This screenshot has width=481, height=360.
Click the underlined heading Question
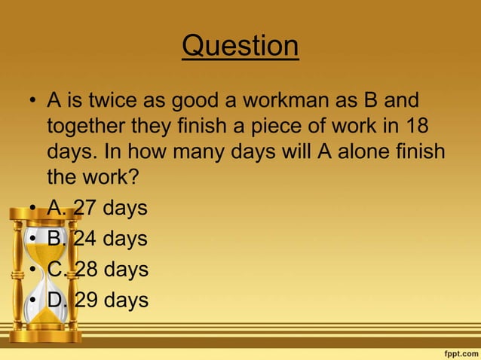pyautogui.click(x=240, y=46)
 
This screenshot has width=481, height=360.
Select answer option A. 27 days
pyautogui.click(x=97, y=208)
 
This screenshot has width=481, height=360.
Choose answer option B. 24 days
pyautogui.click(x=97, y=239)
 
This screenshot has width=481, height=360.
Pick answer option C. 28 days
pyautogui.click(x=97, y=270)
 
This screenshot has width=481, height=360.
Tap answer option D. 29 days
pyautogui.click(x=97, y=301)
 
